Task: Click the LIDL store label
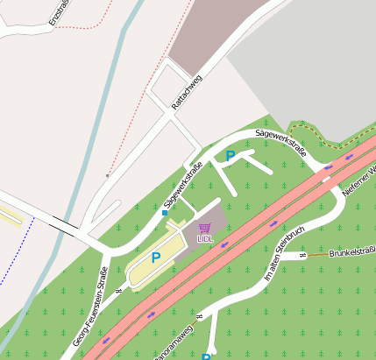[x=205, y=237]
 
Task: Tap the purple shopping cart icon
[x=205, y=228]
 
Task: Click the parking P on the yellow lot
[x=156, y=258]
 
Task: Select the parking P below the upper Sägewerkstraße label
[x=231, y=156]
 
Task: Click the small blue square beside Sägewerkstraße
[x=165, y=212]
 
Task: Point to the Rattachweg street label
[x=187, y=92]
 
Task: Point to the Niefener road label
[x=358, y=179]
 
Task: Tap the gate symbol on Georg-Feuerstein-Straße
[x=118, y=279]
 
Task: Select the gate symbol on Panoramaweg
[x=199, y=316]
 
